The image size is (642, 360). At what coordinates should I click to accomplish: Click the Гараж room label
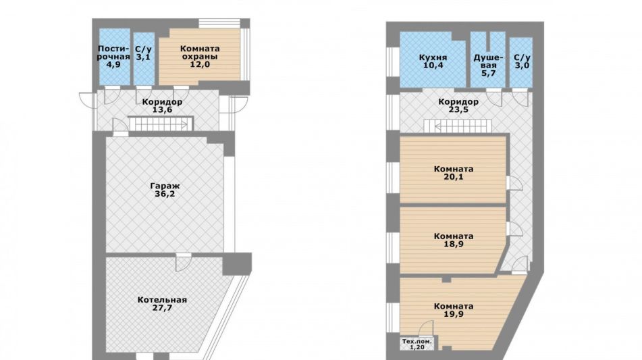click(x=165, y=186)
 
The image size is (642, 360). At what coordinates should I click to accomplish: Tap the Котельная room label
click(x=162, y=300)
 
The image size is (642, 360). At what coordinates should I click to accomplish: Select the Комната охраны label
click(x=200, y=53)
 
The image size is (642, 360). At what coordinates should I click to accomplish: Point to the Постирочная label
click(x=113, y=53)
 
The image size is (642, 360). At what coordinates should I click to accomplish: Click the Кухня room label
click(x=433, y=57)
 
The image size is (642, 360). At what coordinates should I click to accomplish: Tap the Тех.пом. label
click(x=417, y=341)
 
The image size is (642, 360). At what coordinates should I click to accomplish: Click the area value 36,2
click(x=165, y=194)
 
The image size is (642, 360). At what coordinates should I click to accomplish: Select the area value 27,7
click(x=162, y=307)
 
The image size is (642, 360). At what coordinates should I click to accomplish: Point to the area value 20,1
click(x=454, y=177)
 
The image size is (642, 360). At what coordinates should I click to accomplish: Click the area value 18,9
click(x=454, y=244)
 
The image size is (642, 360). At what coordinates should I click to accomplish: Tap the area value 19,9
click(x=454, y=314)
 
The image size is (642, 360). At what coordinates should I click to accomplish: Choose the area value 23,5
click(x=458, y=110)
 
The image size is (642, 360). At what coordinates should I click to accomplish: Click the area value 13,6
click(x=162, y=110)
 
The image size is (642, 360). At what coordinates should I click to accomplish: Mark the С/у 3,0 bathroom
click(x=522, y=62)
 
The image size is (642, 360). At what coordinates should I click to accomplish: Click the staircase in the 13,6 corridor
click(x=161, y=124)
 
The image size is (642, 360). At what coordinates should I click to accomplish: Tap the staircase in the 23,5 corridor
click(x=457, y=126)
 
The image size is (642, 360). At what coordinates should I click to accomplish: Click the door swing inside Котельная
click(x=184, y=262)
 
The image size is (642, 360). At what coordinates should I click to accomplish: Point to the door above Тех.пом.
click(x=426, y=328)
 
